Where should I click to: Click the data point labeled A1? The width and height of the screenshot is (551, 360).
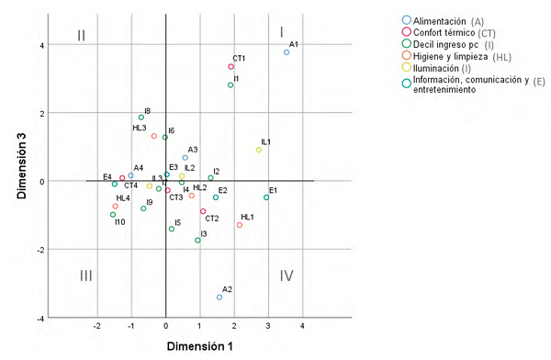(287, 52)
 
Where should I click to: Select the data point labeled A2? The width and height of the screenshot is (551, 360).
(219, 297)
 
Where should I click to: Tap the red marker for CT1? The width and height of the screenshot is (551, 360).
(231, 67)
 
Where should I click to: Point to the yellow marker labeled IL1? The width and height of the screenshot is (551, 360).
(259, 150)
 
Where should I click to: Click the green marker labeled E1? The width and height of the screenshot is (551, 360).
(267, 197)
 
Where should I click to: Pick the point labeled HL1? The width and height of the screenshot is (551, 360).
(240, 225)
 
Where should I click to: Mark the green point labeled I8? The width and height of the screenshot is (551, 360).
(141, 118)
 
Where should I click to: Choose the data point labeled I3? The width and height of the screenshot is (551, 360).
(197, 241)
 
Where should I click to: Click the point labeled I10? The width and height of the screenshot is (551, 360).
(113, 215)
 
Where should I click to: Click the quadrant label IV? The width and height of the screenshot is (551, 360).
(287, 275)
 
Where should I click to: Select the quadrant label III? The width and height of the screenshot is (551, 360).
(85, 275)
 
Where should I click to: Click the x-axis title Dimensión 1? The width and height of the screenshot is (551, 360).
(198, 347)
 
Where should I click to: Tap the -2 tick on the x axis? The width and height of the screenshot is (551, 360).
(97, 327)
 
